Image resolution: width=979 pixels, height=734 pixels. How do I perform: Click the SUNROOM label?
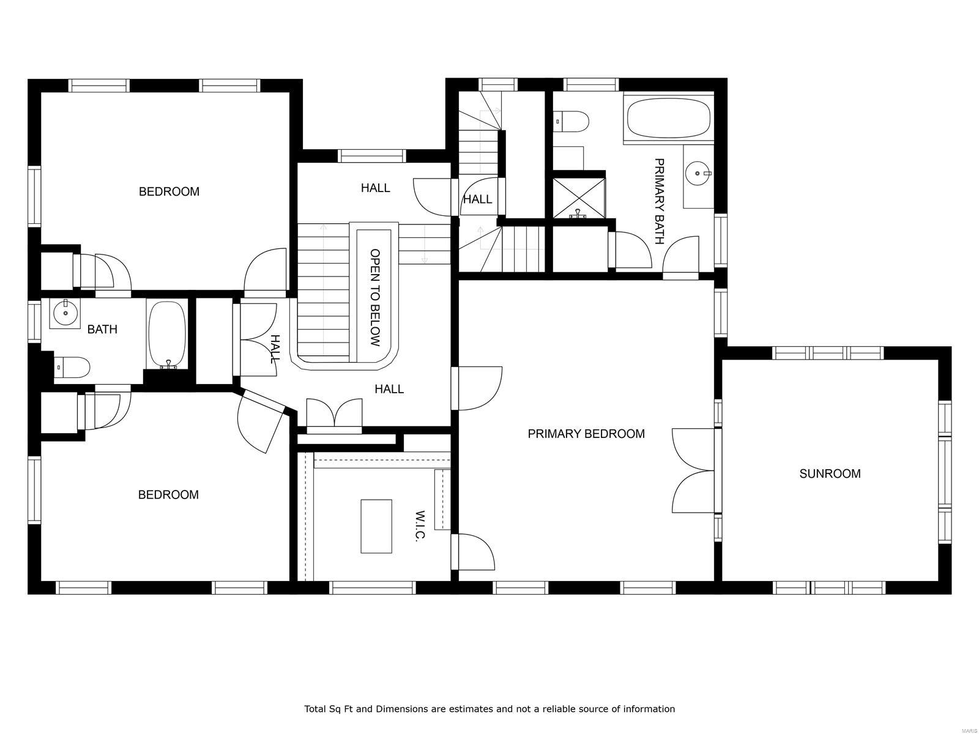[x=830, y=473]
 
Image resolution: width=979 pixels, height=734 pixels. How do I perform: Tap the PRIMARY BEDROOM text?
[x=586, y=434]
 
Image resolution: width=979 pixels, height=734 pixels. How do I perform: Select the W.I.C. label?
[x=420, y=526]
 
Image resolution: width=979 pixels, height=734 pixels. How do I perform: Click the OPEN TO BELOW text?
[x=375, y=297]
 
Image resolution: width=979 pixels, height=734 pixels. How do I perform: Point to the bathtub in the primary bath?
[x=668, y=118]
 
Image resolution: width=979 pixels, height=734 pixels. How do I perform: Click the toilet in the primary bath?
[x=571, y=120]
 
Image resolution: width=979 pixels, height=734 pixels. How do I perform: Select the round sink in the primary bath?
[x=697, y=173]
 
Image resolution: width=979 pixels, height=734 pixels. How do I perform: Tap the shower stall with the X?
[x=579, y=197]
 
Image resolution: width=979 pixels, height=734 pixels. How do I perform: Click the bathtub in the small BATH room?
[x=167, y=334]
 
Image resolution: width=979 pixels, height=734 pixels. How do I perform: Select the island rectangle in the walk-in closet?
[x=376, y=526]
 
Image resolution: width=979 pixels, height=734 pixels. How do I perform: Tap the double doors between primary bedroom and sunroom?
[x=694, y=471]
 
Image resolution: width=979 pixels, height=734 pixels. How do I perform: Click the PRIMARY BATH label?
[x=659, y=201]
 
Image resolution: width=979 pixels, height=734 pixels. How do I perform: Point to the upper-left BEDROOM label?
[x=169, y=191]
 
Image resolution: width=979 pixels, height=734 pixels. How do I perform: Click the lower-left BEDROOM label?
[x=168, y=494]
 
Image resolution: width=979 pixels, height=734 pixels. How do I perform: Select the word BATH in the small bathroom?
[x=102, y=329]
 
